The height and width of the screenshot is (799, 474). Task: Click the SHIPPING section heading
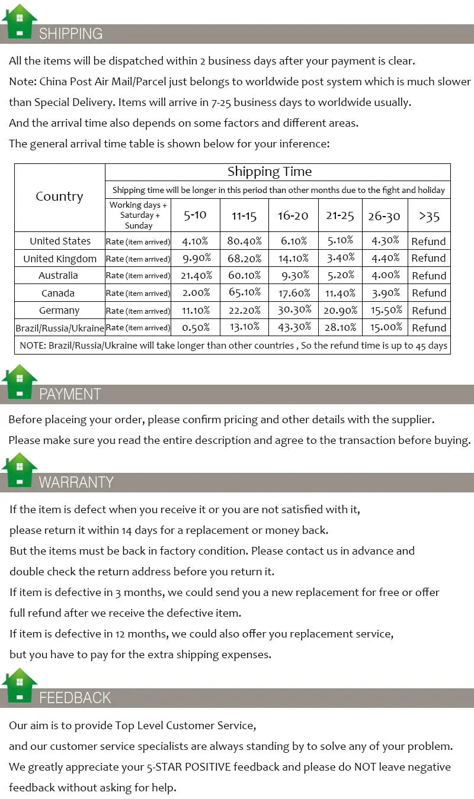pyautogui.click(x=71, y=34)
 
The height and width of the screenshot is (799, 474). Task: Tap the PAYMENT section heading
pyautogui.click(x=70, y=394)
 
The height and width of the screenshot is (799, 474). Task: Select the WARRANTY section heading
pyautogui.click(x=76, y=482)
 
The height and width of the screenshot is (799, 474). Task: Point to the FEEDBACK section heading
pyautogui.click(x=75, y=698)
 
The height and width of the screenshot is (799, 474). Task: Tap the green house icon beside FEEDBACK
pyautogui.click(x=20, y=685)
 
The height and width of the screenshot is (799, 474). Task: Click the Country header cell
pyautogui.click(x=59, y=196)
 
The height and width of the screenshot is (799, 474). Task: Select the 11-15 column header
pyautogui.click(x=244, y=215)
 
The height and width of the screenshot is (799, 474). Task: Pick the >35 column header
pyautogui.click(x=429, y=216)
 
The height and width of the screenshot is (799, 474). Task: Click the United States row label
pyautogui.click(x=60, y=241)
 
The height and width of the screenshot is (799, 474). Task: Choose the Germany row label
pyautogui.click(x=59, y=310)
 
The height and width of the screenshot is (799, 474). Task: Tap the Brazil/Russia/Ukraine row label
pyautogui.click(x=60, y=328)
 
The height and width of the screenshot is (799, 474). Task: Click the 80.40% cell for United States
pyautogui.click(x=244, y=241)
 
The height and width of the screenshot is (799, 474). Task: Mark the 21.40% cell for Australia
pyautogui.click(x=196, y=275)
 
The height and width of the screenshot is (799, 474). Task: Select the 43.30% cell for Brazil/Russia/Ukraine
pyautogui.click(x=293, y=327)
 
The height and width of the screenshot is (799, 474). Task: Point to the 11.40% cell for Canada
pyautogui.click(x=340, y=293)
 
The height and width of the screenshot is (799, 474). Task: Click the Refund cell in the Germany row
pyautogui.click(x=428, y=310)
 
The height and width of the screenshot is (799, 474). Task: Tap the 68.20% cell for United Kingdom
pyautogui.click(x=244, y=258)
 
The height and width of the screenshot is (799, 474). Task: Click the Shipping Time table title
pyautogui.click(x=270, y=172)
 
